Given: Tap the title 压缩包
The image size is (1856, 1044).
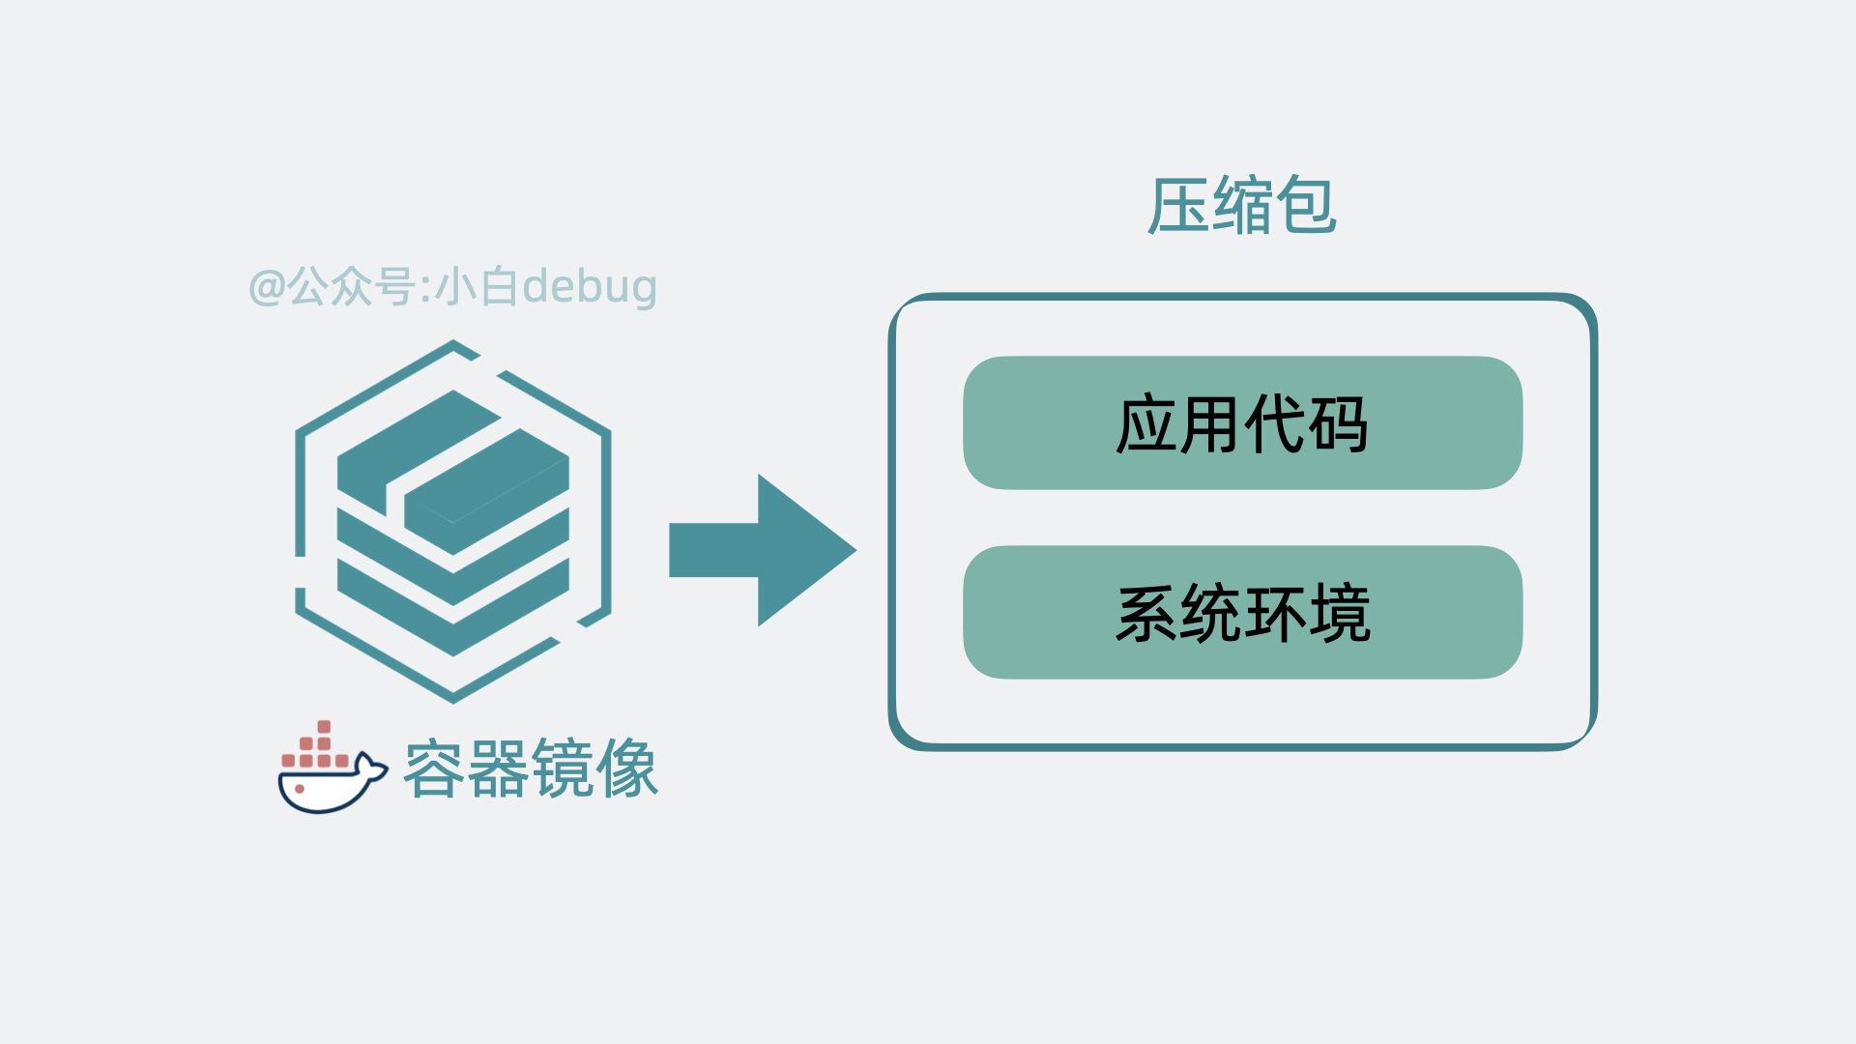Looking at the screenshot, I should (x=1242, y=206).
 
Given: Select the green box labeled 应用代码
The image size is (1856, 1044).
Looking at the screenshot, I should (x=1242, y=423).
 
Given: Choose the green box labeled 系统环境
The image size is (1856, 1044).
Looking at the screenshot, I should (x=1242, y=613).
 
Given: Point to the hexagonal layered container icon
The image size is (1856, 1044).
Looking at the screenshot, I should (x=452, y=522).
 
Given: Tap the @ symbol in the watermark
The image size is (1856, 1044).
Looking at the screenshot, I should (x=266, y=287).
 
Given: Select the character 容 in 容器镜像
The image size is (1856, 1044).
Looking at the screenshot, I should (x=434, y=769).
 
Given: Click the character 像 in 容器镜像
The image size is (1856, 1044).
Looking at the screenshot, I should (x=627, y=769).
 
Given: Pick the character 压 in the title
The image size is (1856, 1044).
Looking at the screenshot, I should (x=1177, y=206).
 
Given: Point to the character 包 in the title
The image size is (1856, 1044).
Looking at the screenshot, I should (x=1306, y=206).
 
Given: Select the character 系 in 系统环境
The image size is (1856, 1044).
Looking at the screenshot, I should (x=1146, y=613).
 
